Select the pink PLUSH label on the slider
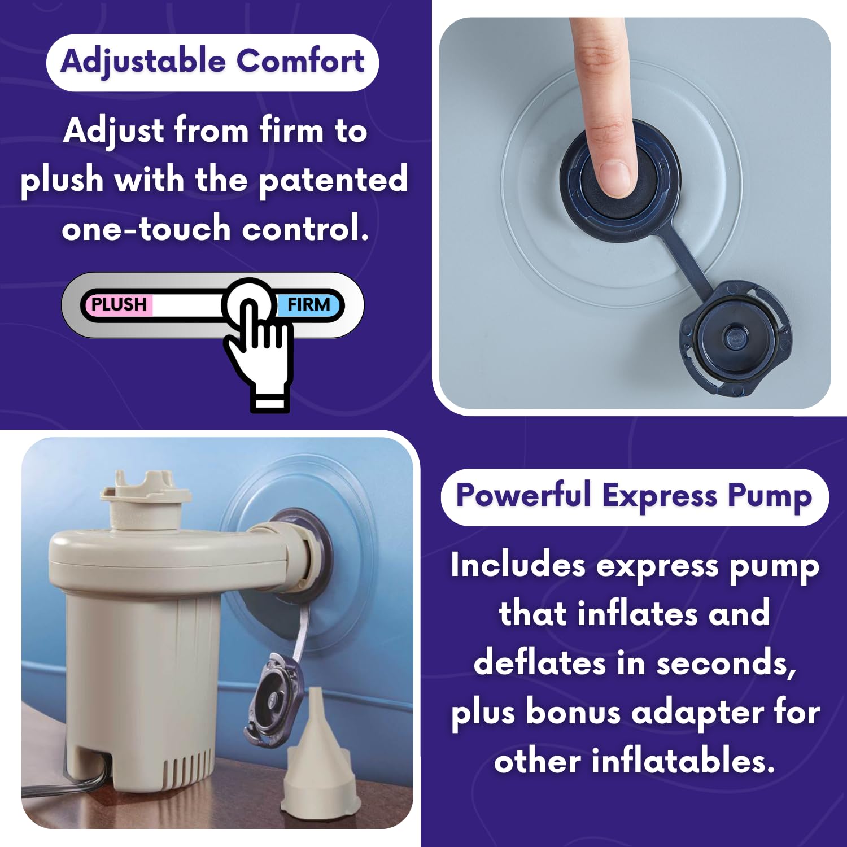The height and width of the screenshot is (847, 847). (118, 304)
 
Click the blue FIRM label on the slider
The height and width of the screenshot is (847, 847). (308, 304)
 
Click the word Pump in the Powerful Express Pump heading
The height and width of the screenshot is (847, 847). (770, 497)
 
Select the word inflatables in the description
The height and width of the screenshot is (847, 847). (683, 760)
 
